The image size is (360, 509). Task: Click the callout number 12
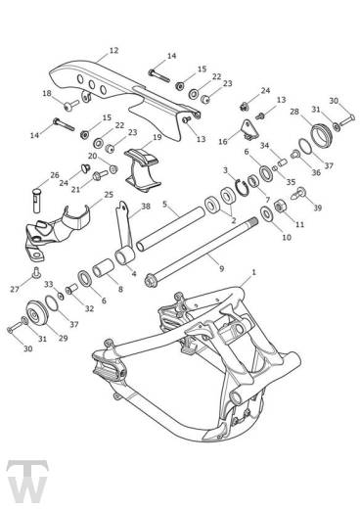[x=113, y=50]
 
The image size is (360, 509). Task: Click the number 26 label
[x=56, y=176]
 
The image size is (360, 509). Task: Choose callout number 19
[x=157, y=138]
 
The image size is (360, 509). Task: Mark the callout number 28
[x=294, y=113]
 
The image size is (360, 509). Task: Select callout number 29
[x=65, y=339]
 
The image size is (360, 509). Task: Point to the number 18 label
[x=46, y=93]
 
